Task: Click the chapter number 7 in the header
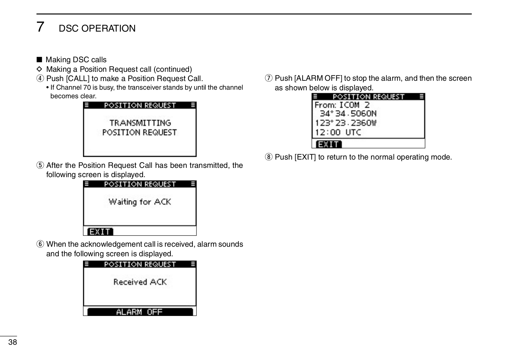[40, 27]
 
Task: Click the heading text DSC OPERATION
[97, 28]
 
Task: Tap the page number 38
[13, 342]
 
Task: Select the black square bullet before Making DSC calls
[39, 60]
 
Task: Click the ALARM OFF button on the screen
[140, 312]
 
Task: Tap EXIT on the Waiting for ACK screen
[100, 232]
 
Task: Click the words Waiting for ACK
[140, 202]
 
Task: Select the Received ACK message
[140, 282]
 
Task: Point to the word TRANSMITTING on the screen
[140, 123]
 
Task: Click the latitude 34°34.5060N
[348, 114]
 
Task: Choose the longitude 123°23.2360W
[346, 123]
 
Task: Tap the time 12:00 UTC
[338, 132]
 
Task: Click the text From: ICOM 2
[342, 105]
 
